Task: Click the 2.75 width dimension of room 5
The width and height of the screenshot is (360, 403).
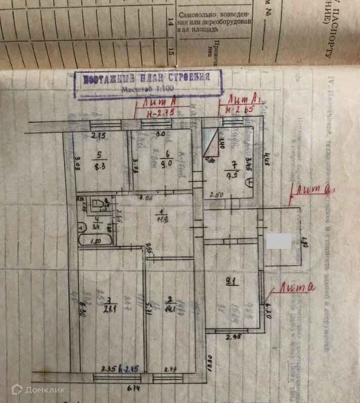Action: [98, 135]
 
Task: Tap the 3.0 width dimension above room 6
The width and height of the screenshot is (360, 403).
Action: [160, 135]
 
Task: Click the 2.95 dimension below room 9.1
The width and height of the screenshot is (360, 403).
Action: [231, 338]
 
